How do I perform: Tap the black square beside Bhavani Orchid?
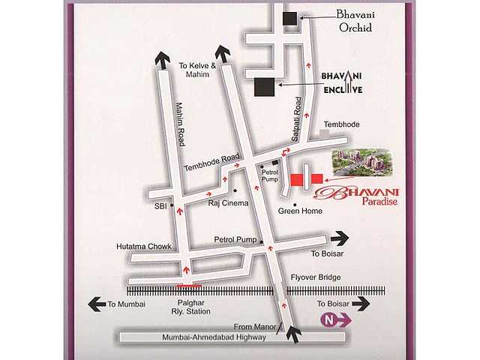289,19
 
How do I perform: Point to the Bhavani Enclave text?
341,82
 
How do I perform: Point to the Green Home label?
300,211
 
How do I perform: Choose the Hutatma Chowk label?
144,246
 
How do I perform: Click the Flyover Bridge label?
315,277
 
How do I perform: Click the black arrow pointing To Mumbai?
96,304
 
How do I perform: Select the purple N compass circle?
328,320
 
